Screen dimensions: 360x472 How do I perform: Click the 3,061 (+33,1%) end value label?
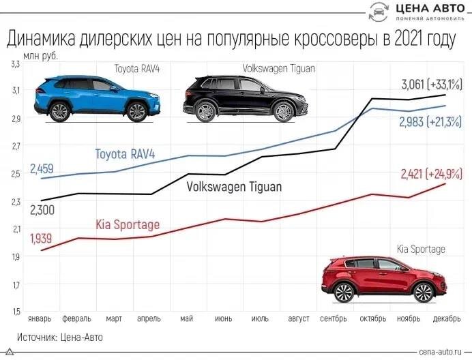tap(430, 85)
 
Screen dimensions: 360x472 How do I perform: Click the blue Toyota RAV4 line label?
tap(125, 155)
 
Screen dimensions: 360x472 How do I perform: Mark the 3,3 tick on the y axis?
tap(15, 63)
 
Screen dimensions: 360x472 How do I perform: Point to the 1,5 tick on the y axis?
tap(15, 311)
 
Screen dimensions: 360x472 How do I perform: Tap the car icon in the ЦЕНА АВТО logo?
tap(379, 12)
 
